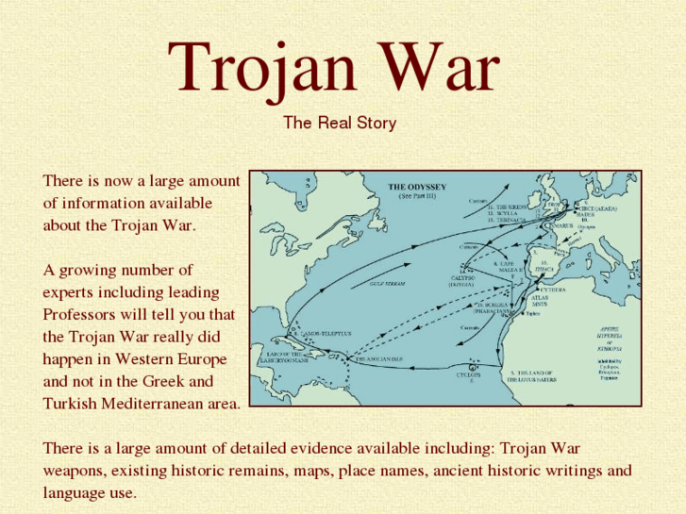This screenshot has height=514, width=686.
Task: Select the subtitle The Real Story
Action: pos(339,123)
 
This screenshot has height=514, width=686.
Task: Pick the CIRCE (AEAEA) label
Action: pos(599,208)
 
